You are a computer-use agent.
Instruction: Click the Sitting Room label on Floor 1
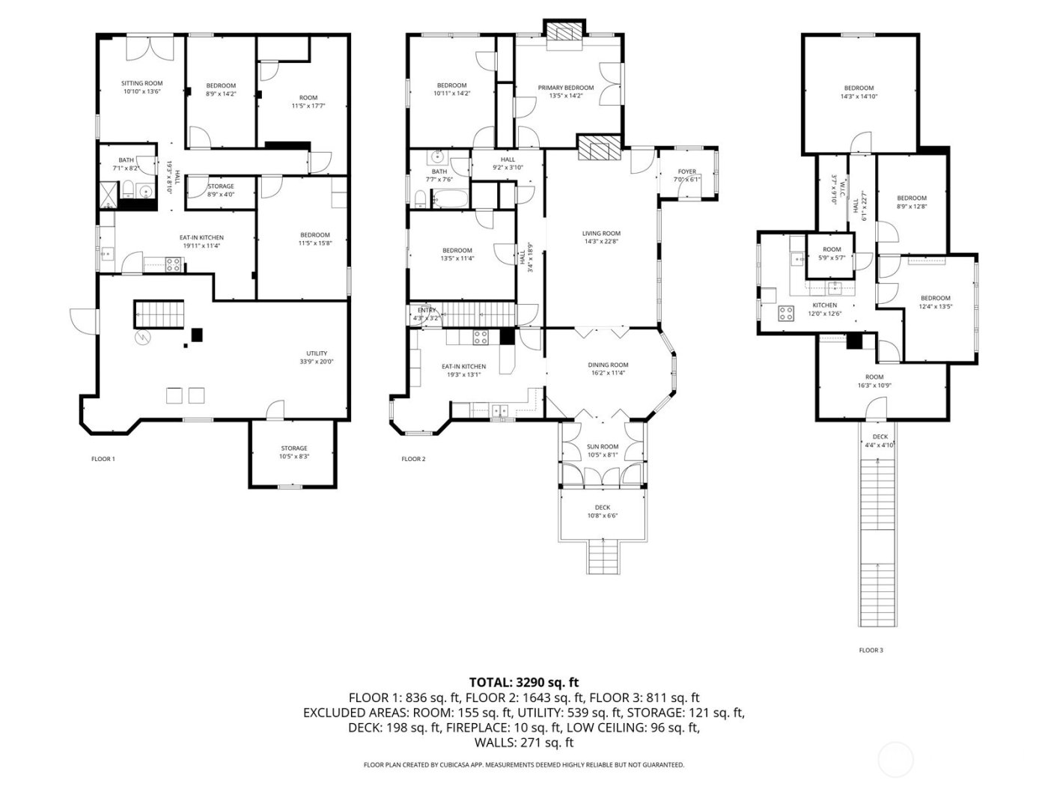pos(142,84)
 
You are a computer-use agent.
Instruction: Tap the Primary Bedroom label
pos(566,88)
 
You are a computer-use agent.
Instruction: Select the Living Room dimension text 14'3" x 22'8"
pos(601,241)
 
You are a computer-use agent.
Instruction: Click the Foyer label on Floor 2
pos(686,172)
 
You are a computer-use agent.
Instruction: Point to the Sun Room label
pos(603,447)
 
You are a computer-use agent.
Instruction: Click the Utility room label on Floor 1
pos(316,353)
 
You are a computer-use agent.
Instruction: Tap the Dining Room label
pos(608,365)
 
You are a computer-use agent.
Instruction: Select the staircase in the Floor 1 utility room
pos(159,314)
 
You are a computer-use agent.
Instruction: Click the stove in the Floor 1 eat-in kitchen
pos(173,263)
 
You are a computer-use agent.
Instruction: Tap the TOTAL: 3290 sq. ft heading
pos(524,682)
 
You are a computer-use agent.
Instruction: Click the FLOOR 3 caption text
pos(871,651)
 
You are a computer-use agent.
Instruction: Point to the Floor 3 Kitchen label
pos(824,305)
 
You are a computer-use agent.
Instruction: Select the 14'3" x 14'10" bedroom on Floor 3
pos(859,92)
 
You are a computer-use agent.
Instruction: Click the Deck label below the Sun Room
pos(603,508)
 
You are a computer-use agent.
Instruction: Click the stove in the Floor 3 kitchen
pos(785,314)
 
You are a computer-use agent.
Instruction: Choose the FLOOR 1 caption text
pos(103,459)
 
